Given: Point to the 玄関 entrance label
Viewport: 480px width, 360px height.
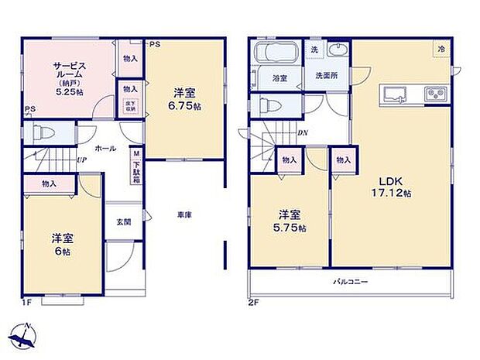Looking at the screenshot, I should tap(124, 221).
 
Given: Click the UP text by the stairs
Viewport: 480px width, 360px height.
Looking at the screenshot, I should tap(81, 161).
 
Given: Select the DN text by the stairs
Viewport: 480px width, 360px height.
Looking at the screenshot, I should tap(303, 132).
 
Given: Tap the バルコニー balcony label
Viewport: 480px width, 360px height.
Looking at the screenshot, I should tap(350, 282).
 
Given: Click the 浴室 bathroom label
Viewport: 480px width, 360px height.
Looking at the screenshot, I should tap(279, 78).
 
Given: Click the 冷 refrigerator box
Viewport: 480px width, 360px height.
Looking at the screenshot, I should tap(440, 48).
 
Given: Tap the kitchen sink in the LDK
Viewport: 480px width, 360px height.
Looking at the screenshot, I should tap(394, 94).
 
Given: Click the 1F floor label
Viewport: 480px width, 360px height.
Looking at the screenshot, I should tap(27, 303).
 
